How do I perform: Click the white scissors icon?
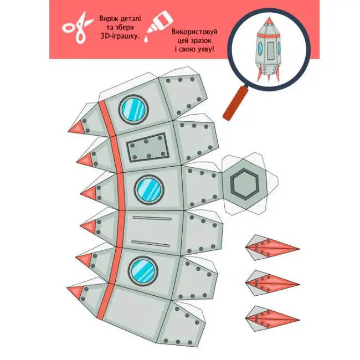click(78, 28)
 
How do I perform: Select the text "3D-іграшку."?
click(120, 36)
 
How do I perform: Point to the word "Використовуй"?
click(194, 32)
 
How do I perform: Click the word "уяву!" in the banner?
click(203, 49)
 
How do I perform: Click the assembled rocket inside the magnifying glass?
click(269, 50)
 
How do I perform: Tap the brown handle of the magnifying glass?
click(235, 103)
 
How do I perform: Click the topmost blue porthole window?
click(133, 109)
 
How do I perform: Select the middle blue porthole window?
click(149, 189)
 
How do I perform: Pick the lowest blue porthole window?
click(143, 270)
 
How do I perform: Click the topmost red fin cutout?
click(272, 248)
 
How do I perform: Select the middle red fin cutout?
click(272, 283)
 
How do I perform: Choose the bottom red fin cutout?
click(272, 318)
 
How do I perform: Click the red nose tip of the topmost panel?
click(77, 128)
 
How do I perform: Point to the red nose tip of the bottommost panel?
click(76, 291)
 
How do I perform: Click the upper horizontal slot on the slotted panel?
click(152, 218)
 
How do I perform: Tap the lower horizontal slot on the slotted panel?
click(151, 244)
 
